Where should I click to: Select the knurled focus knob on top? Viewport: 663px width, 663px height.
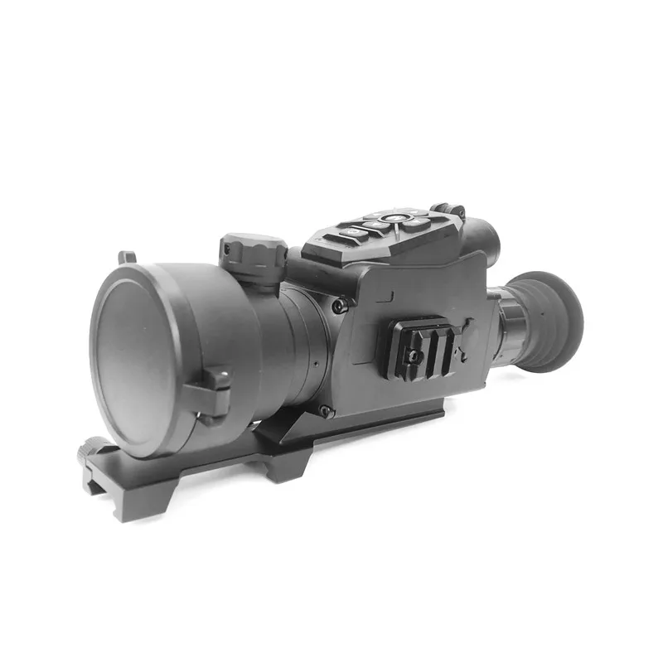pos(253,249)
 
